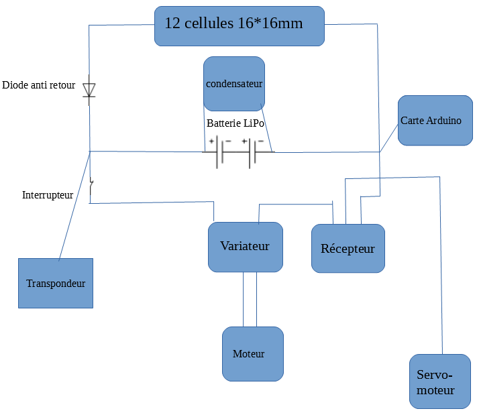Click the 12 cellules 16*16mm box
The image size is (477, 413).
click(x=239, y=26)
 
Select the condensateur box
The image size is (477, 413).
click(x=234, y=84)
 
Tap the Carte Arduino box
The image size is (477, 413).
click(x=435, y=121)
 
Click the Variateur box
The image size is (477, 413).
click(x=245, y=247)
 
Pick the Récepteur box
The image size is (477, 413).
click(x=348, y=248)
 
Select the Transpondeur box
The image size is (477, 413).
click(x=56, y=283)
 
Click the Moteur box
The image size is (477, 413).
click(x=253, y=354)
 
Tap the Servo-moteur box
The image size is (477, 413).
click(x=439, y=381)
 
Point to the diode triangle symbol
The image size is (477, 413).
click(x=89, y=90)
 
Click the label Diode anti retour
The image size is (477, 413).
click(x=39, y=85)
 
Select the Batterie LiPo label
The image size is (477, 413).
click(x=235, y=124)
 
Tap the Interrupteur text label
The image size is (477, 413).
click(x=48, y=195)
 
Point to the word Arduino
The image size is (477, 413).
click(x=445, y=121)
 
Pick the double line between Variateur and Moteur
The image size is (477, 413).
click(x=250, y=299)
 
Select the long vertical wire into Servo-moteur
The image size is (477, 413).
click(x=441, y=268)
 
